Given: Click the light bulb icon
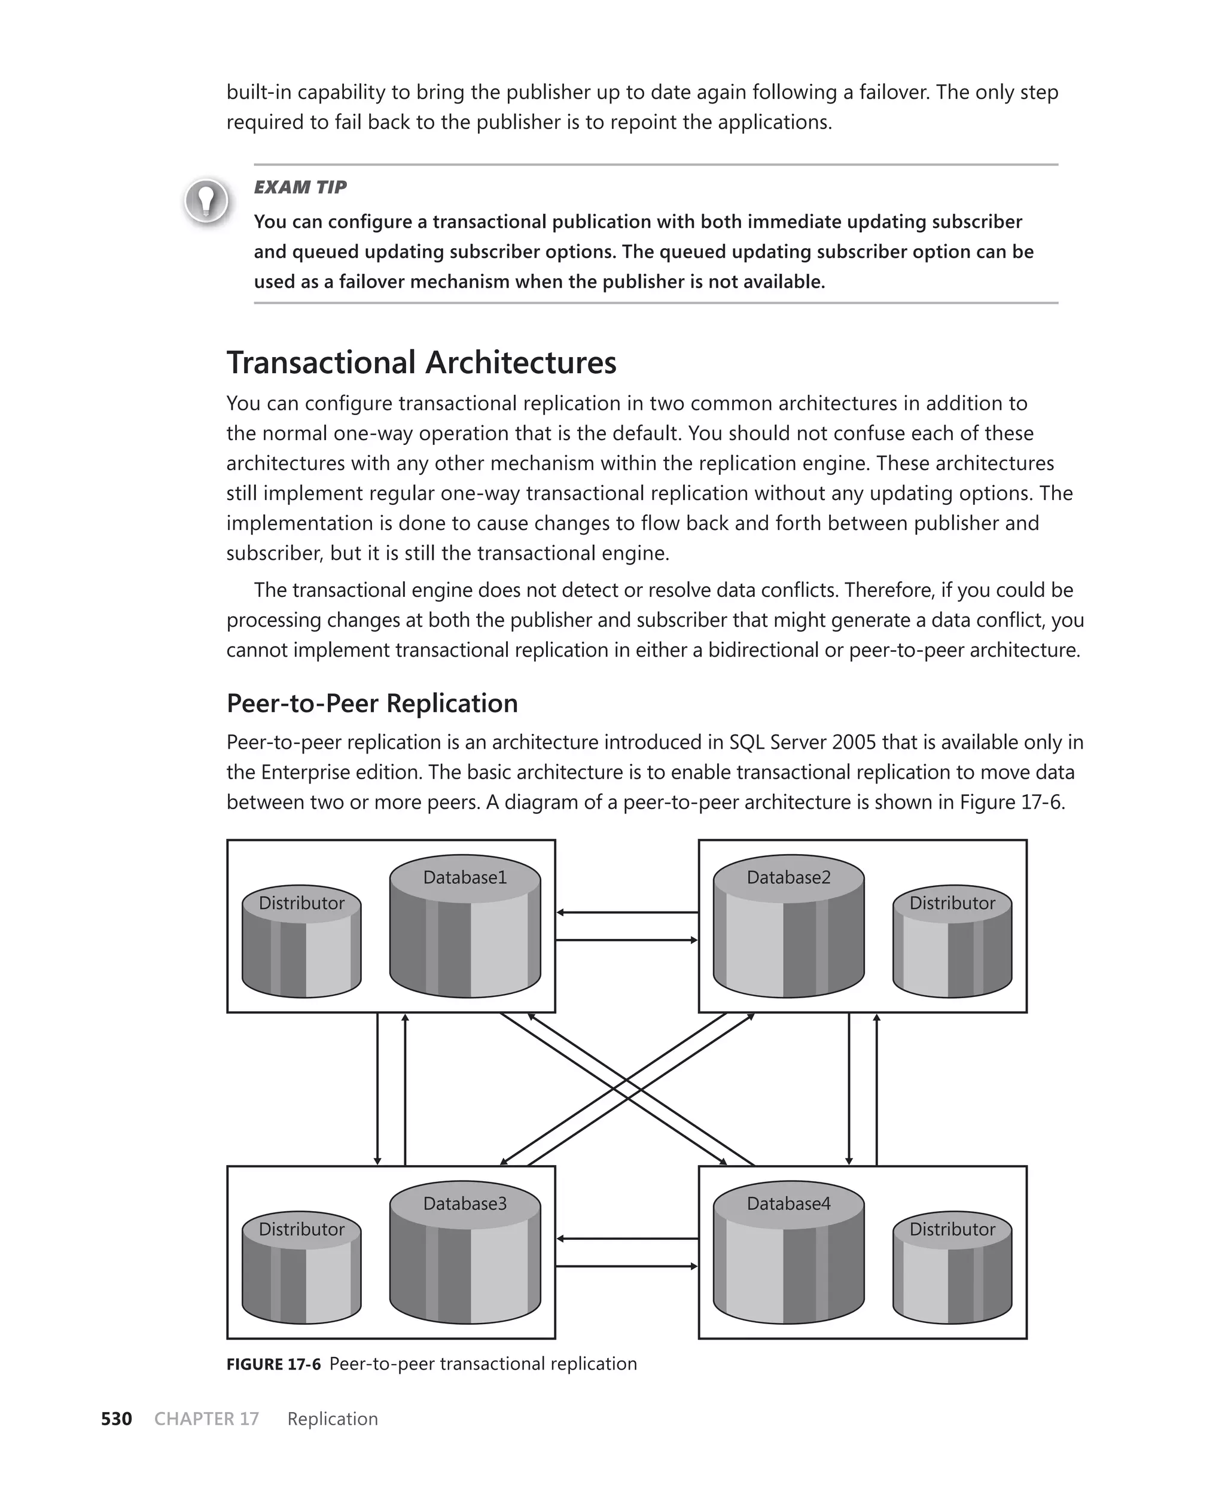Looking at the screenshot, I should point(206,200).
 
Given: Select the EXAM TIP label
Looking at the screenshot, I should point(300,187).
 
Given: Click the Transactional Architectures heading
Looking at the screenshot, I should point(421,362).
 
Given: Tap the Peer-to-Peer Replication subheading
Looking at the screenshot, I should point(372,703).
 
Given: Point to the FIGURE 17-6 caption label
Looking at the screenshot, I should point(273,1364).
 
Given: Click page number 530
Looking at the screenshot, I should point(117,1419).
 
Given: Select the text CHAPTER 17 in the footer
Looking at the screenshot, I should point(207,1419).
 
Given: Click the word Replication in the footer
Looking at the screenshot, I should point(333,1419).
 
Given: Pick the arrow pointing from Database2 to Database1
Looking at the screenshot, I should point(627,912).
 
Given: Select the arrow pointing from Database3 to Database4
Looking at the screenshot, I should point(627,1266).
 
